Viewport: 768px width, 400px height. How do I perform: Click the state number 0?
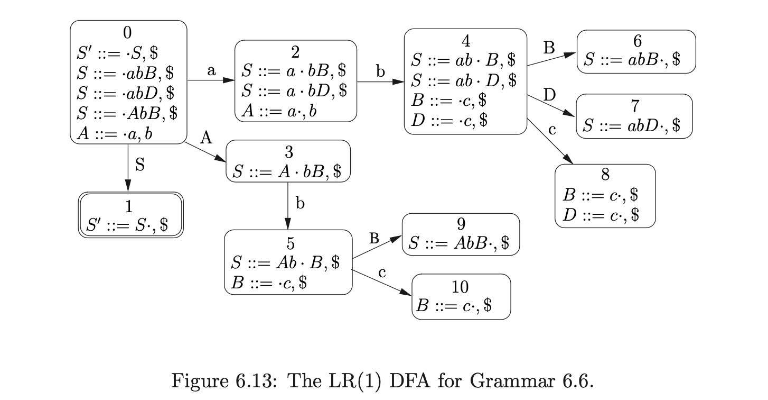pyautogui.click(x=127, y=33)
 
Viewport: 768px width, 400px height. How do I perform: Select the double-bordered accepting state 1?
pyautogui.click(x=131, y=216)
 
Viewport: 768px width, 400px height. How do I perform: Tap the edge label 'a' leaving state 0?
pyautogui.click(x=211, y=71)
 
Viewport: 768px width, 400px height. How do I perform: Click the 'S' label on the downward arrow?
pyautogui.click(x=139, y=165)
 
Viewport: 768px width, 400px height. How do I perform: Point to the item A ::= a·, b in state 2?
pyautogui.click(x=279, y=111)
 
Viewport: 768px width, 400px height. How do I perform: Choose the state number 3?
pyautogui.click(x=288, y=152)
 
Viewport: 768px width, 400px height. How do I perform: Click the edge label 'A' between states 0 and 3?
pyautogui.click(x=206, y=139)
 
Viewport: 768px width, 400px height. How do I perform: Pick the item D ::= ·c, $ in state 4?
pyautogui.click(x=449, y=120)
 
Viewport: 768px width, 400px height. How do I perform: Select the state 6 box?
pyautogui.click(x=636, y=51)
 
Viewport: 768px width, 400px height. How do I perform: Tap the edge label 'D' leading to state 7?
pyautogui.click(x=550, y=96)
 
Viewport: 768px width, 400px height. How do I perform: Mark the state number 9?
pyautogui.click(x=461, y=224)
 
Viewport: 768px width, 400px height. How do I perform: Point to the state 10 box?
pyautogui.click(x=461, y=296)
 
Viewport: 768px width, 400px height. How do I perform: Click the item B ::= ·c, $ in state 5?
pyautogui.click(x=269, y=282)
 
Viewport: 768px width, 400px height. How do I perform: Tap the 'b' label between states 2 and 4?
pyautogui.click(x=380, y=72)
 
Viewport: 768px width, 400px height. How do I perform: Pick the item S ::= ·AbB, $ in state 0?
pyautogui.click(x=127, y=113)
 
